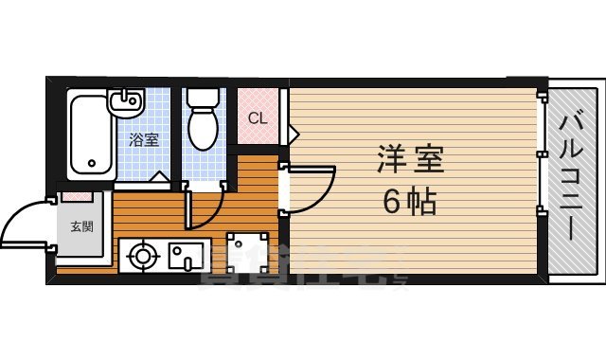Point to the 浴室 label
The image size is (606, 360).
(144, 138)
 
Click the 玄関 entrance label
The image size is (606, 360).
(81, 226)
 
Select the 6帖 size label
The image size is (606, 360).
(409, 202)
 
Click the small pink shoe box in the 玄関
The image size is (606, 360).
(77, 196)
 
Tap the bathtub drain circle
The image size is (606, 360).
(92, 164)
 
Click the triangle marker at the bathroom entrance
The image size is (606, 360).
(162, 177)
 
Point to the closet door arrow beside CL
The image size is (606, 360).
(293, 132)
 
